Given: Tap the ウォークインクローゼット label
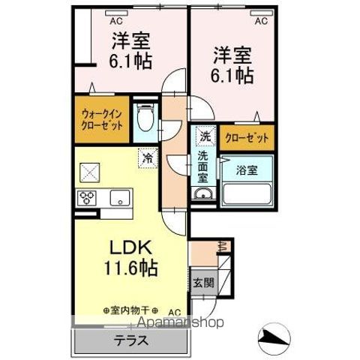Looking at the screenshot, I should pos(101,120).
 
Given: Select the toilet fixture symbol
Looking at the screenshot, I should pos(145,118).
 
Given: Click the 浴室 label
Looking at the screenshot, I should pos(247,169).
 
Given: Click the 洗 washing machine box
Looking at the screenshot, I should pos(205,137).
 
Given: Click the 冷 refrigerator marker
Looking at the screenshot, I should pos(148,159).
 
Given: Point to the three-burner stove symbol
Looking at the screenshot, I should pos(87,198).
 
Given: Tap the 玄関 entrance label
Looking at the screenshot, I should pos(202,283).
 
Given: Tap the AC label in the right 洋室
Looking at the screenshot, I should pos(261,22).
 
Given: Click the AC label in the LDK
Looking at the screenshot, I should pos(174,311).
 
